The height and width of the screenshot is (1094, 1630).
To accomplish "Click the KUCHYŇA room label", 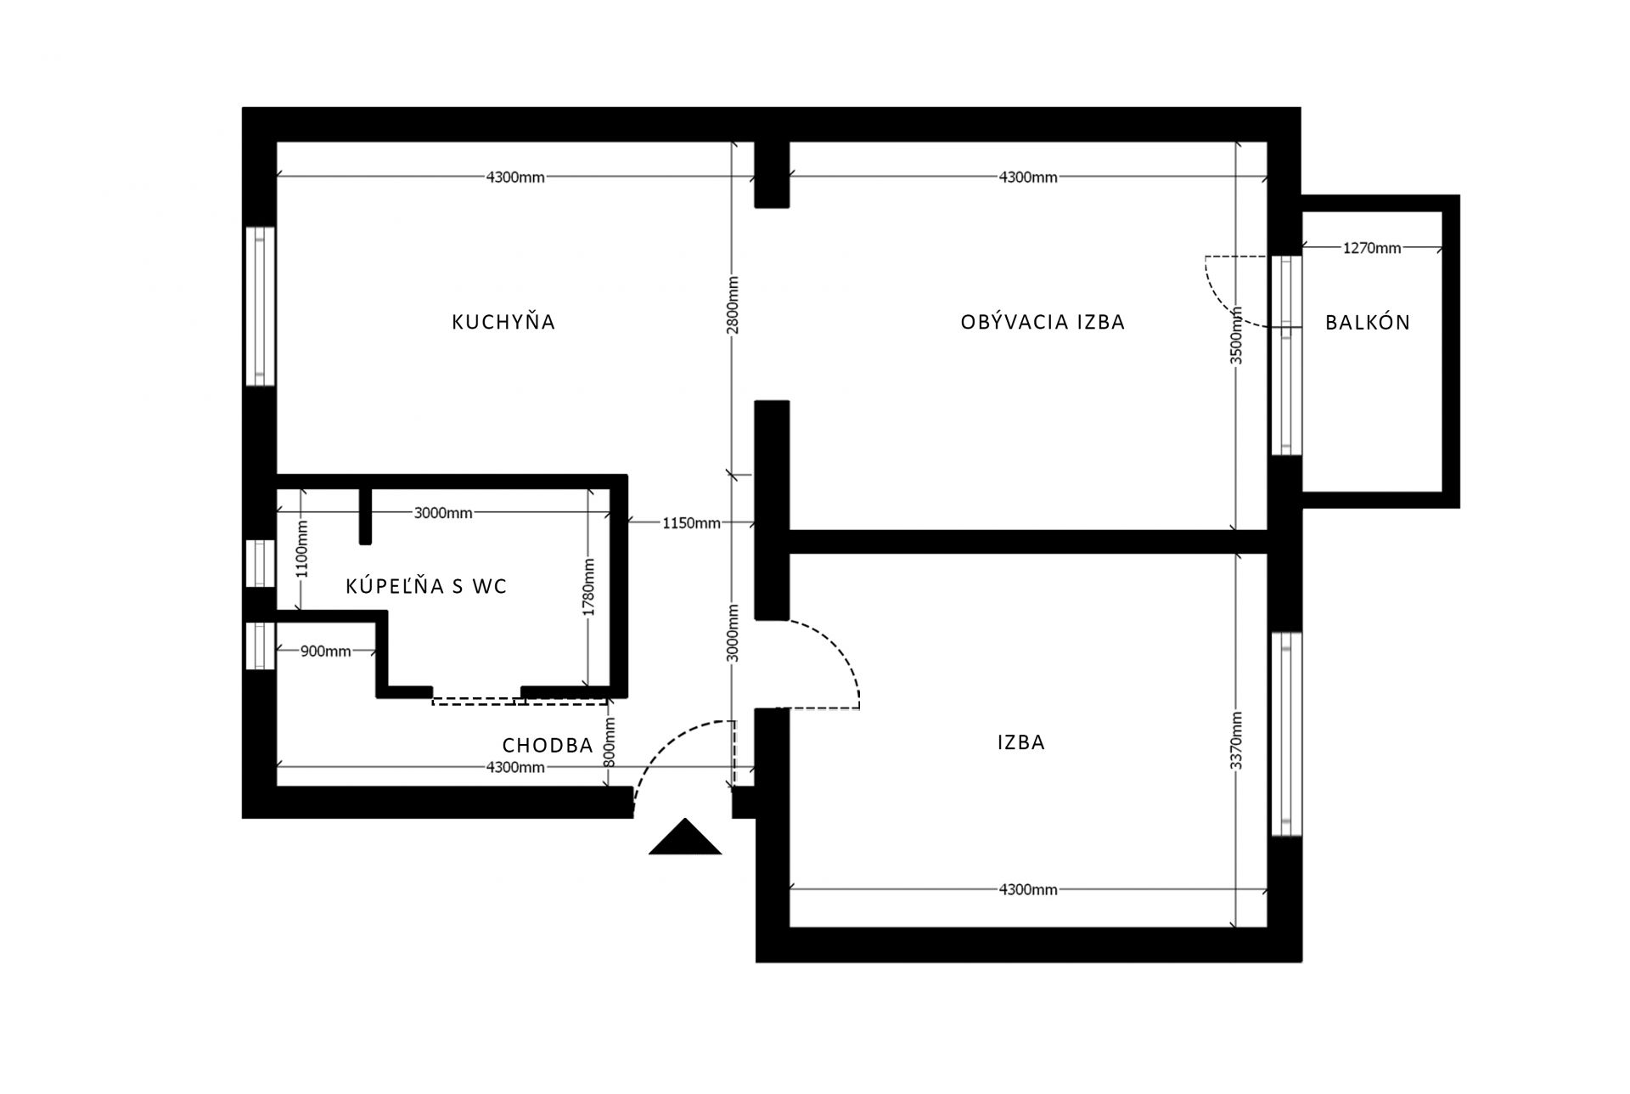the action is coord(503,321).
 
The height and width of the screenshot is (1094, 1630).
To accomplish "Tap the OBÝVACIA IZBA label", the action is coord(1043,322).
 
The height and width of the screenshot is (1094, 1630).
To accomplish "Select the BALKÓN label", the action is coord(1367,322).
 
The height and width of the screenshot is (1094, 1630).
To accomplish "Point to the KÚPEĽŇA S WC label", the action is coord(426,585).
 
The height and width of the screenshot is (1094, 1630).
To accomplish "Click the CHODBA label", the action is coord(548,745).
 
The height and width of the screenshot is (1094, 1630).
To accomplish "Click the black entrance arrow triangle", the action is coord(685,837).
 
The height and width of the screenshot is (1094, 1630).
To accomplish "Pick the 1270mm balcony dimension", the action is coord(1372,248).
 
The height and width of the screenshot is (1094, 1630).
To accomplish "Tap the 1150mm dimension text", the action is coord(691,523).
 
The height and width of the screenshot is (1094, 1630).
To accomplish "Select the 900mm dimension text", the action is coord(325,651).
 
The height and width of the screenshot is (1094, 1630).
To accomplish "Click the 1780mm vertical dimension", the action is coord(589,587).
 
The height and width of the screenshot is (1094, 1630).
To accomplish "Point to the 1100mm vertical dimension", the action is coord(302,549).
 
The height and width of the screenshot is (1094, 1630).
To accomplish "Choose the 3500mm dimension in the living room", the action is coord(1237,336).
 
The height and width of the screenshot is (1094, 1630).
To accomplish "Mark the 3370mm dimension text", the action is coord(1237,741).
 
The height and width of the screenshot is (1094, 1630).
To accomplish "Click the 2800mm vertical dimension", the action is coord(733,305).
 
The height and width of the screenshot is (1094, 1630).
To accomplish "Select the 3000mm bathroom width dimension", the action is coord(443,513).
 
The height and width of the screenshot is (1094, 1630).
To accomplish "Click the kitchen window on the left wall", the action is coord(260,307).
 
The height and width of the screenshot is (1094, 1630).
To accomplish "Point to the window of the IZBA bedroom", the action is coord(1286,734).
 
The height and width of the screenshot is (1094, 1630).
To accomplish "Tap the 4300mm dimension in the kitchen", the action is coord(515,178).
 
